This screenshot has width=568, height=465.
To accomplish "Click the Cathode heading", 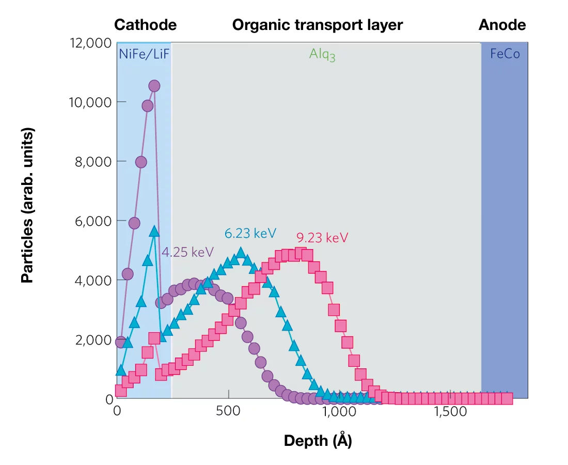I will click(x=145, y=25).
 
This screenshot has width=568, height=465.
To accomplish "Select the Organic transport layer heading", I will click(x=317, y=25).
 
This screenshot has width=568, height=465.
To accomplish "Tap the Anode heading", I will click(x=502, y=25).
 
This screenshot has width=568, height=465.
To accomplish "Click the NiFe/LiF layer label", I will click(x=145, y=54).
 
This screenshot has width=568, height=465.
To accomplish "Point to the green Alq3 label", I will click(x=322, y=54).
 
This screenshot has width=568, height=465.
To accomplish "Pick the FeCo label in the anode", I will click(x=504, y=54).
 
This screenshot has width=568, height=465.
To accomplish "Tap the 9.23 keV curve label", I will click(x=322, y=238).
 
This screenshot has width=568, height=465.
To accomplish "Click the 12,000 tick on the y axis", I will click(x=90, y=42).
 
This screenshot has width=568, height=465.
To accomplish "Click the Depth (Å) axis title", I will click(x=318, y=441).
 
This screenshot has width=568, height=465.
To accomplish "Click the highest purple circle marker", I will click(x=154, y=86).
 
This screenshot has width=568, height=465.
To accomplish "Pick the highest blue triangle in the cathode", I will click(x=153, y=231).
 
